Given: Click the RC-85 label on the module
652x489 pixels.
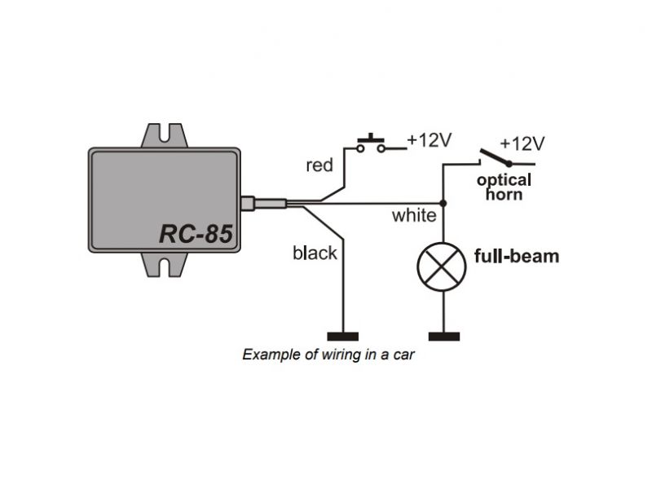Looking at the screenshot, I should (196, 235).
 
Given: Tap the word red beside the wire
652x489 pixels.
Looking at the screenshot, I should (319, 165).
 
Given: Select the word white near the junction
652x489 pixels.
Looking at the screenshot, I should (414, 216).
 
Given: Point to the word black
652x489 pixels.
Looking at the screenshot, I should (315, 253).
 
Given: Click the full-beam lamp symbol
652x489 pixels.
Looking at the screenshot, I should (443, 267).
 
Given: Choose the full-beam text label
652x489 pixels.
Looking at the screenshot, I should (517, 256).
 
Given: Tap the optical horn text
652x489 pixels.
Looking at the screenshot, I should (504, 187).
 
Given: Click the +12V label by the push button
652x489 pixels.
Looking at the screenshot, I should (429, 139).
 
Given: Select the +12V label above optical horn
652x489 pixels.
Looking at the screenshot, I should (522, 144).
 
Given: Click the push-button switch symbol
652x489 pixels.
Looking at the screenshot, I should (372, 143).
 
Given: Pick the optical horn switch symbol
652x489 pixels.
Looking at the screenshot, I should (494, 157).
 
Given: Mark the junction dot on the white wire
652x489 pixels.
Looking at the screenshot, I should (443, 202).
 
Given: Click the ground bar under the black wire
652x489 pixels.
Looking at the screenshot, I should (342, 336).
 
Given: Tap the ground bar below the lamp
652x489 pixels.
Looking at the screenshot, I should (443, 336).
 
